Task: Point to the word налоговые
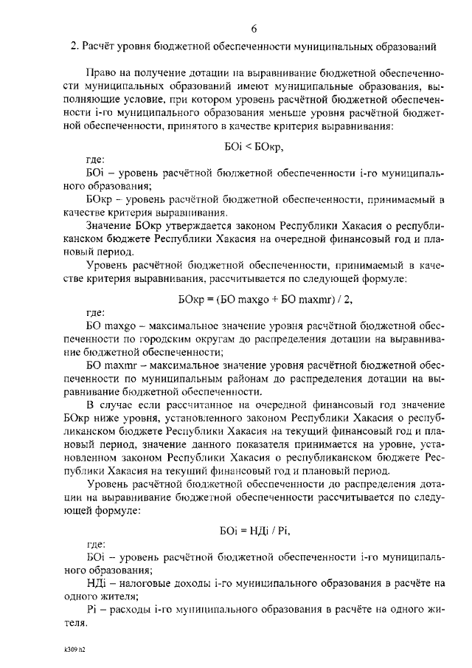point(142,583)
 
